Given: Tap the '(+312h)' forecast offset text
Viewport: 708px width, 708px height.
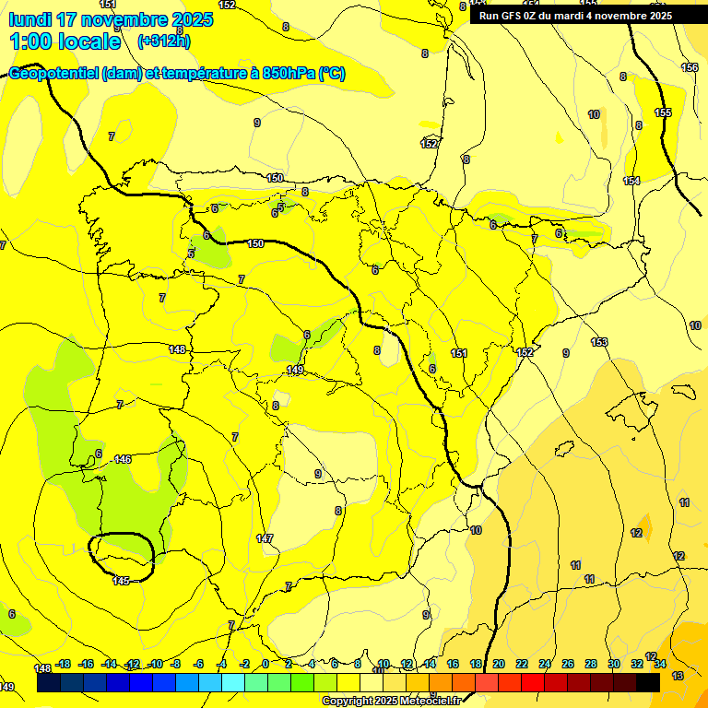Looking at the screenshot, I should (163, 41).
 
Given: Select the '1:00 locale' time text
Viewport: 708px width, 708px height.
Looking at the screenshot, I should (65, 41).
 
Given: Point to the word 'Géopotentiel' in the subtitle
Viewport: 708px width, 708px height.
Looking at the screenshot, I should (55, 74).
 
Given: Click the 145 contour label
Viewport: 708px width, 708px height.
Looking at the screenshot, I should (121, 580).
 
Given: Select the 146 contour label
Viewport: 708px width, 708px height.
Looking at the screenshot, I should (123, 458).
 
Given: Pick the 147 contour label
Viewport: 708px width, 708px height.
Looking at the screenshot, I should (265, 538).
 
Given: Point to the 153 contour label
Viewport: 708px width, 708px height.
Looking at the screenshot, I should (599, 342).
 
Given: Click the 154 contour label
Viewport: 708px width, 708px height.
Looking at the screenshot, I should (631, 181).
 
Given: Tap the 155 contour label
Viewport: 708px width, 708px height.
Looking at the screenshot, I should (663, 112).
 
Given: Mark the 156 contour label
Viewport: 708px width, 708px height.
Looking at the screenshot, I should (690, 67).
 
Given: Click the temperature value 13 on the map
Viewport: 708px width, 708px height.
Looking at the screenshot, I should (678, 676).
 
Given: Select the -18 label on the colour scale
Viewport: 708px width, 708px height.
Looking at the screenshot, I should (64, 664).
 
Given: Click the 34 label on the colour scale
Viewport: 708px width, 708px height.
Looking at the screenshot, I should (660, 664).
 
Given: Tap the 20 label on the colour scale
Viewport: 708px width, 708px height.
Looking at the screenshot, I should (499, 664).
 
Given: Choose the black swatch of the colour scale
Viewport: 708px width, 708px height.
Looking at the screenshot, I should (647, 683).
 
